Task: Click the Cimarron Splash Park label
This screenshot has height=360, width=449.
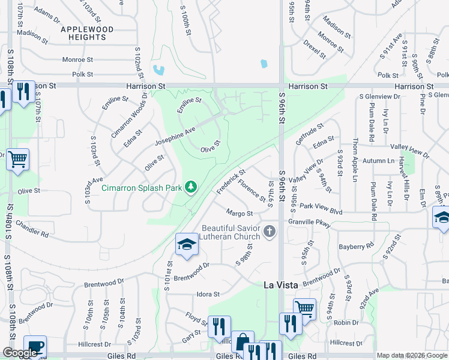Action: pos(141,188)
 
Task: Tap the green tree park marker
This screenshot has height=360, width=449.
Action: pos(191,188)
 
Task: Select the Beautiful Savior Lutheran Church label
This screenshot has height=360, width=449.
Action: pos(231,232)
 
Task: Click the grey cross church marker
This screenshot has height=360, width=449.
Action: pos(270,231)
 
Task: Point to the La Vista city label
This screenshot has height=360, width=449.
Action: pos(282,286)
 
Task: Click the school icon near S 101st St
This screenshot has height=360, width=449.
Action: pos(186,244)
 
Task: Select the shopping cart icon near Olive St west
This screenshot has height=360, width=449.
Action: pos(18,160)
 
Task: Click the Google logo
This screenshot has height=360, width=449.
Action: pos(20,353)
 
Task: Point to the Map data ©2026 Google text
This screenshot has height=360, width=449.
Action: pos(412,355)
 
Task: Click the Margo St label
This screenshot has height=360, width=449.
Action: pos(239,213)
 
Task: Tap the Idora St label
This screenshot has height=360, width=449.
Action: pos(208,295)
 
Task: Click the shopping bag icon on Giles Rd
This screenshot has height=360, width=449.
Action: pos(243,343)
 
